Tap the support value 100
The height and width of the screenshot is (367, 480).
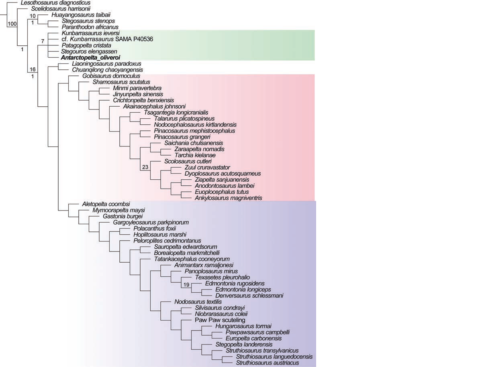point(12,24)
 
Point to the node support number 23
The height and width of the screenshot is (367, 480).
point(145,162)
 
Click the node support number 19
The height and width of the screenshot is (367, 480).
point(186,284)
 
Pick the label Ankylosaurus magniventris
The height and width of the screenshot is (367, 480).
point(228,198)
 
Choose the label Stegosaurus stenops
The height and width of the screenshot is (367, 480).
point(88,21)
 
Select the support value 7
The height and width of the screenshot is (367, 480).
point(42,41)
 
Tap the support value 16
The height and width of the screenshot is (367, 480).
point(33,69)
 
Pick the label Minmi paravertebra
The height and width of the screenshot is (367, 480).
point(132,88)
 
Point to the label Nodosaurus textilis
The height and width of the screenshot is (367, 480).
point(198,302)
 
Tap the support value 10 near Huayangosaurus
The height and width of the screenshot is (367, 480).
point(33,16)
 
